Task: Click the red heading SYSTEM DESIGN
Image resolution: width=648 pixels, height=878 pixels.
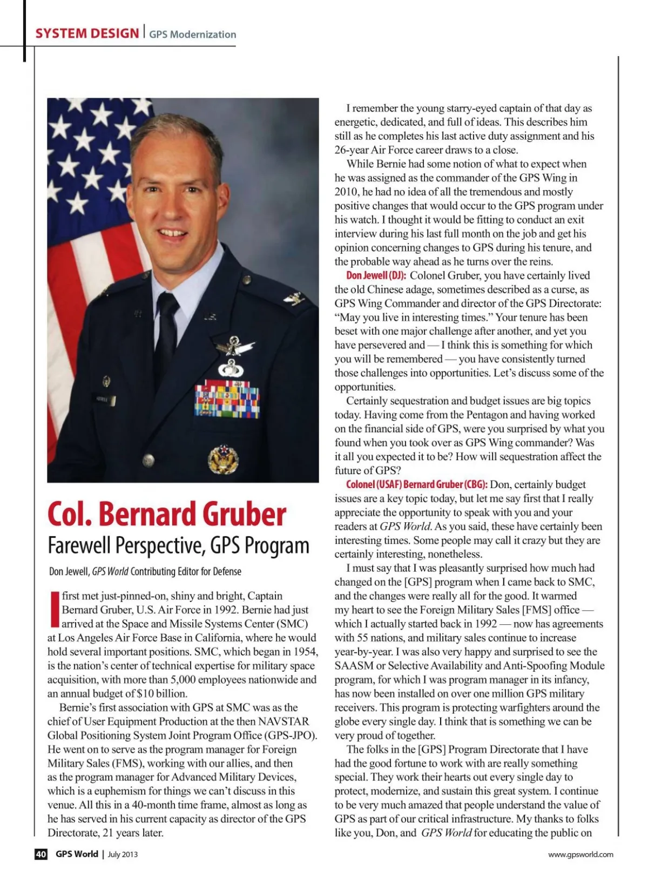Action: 87,33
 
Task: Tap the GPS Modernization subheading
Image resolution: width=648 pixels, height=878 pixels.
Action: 193,35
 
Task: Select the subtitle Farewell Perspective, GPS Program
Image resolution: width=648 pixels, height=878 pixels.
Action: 178,545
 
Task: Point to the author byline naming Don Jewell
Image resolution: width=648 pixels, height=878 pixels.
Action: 145,571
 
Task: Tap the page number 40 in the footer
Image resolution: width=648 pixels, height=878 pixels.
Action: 41,854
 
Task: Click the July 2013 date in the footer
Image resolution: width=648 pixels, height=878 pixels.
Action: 123,854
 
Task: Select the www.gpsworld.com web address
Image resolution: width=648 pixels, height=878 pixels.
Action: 580,854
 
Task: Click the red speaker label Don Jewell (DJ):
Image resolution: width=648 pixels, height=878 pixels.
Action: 376,275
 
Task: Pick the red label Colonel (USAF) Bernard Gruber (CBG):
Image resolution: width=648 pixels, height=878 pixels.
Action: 416,484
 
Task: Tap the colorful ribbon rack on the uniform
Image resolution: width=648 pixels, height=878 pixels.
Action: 227,399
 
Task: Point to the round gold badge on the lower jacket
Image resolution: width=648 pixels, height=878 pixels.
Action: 223,458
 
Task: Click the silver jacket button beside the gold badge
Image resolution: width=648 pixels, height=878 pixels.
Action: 148,460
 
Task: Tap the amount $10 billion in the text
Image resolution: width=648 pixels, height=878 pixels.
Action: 161,694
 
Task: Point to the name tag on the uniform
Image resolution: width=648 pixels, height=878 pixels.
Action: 106,400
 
